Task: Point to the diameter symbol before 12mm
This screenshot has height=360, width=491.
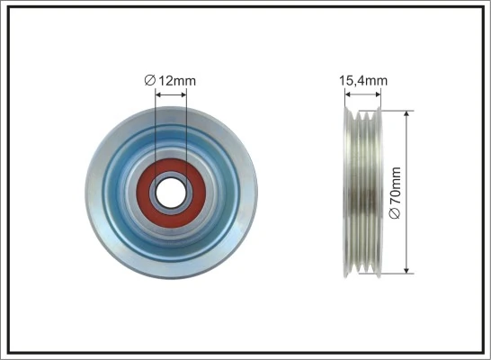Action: pos(150,81)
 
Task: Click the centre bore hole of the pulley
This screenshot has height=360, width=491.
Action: pos(171,191)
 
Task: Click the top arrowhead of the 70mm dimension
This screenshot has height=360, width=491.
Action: pos(408,115)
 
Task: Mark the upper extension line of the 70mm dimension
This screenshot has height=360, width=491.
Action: pos(400,111)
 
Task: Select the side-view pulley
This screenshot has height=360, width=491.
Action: pos(366,192)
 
